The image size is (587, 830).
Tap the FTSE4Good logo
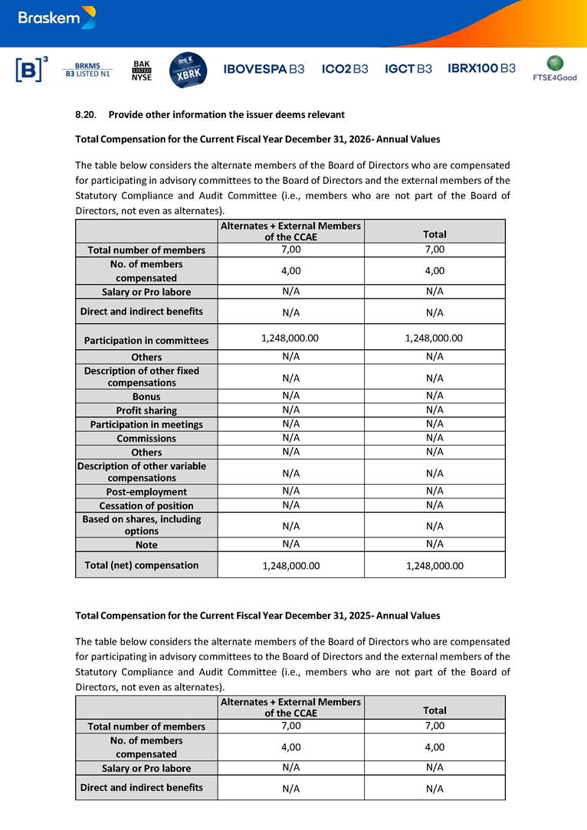click(555, 68)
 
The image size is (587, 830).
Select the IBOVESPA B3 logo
click(264, 69)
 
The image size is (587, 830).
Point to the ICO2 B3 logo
click(345, 69)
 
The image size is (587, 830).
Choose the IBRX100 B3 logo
click(481, 69)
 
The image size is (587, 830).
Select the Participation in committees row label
click(146, 340)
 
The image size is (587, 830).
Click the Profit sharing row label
click(146, 410)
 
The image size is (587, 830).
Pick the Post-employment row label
click(146, 492)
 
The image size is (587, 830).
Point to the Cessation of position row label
click(146, 505)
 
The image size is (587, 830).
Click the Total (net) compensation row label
click(146, 565)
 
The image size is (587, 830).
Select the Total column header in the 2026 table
click(435, 234)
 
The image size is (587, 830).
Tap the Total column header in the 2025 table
click(435, 711)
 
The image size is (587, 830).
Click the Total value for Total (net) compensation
click(434, 566)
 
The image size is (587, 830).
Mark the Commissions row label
click(146, 439)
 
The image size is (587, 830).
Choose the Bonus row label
click(146, 397)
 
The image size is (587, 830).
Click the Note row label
click(146, 544)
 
